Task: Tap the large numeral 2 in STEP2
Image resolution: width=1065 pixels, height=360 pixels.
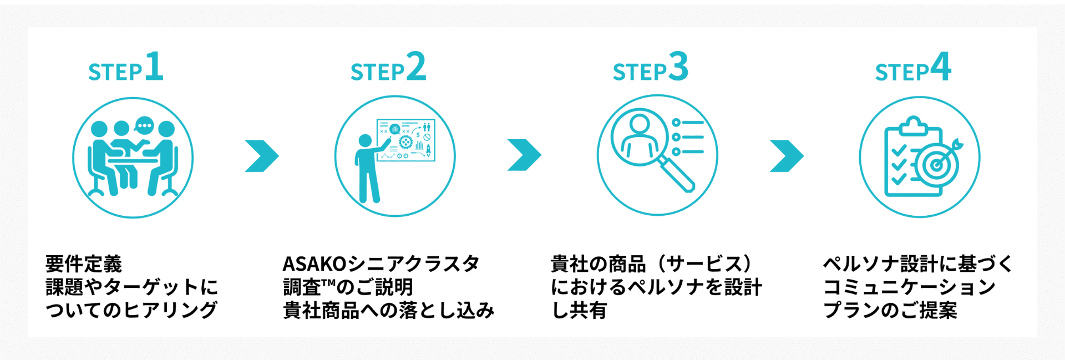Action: (416, 67)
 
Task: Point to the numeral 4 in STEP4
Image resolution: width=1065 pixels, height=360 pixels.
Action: (941, 67)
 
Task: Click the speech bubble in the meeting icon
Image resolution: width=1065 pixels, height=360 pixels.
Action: (144, 125)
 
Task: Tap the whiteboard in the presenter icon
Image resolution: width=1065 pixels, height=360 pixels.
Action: (406, 140)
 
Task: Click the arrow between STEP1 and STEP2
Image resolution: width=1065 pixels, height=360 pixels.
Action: (261, 156)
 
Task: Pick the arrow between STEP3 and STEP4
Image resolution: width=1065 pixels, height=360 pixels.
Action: (787, 156)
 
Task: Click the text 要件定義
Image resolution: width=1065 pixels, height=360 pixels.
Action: (84, 263)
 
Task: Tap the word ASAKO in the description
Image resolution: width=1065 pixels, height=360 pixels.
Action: (314, 263)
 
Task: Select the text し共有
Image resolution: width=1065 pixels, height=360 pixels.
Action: (579, 310)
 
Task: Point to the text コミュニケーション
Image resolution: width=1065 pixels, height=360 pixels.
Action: (909, 287)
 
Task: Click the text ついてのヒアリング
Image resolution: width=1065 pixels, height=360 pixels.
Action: (131, 310)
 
